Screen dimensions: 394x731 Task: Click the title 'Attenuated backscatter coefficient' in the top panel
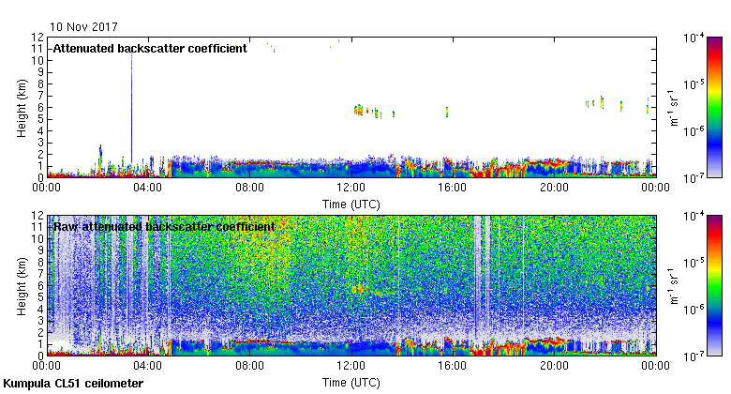[149, 48]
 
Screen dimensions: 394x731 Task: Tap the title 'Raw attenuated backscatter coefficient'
[163, 226]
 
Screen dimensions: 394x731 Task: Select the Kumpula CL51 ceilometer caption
[73, 385]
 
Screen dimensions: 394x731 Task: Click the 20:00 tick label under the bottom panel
[554, 366]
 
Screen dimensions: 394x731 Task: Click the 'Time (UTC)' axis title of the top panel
[351, 203]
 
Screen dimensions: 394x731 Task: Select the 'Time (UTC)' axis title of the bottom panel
[351, 381]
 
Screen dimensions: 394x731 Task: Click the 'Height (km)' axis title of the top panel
[22, 107]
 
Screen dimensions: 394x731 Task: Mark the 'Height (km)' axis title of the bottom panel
[22, 285]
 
